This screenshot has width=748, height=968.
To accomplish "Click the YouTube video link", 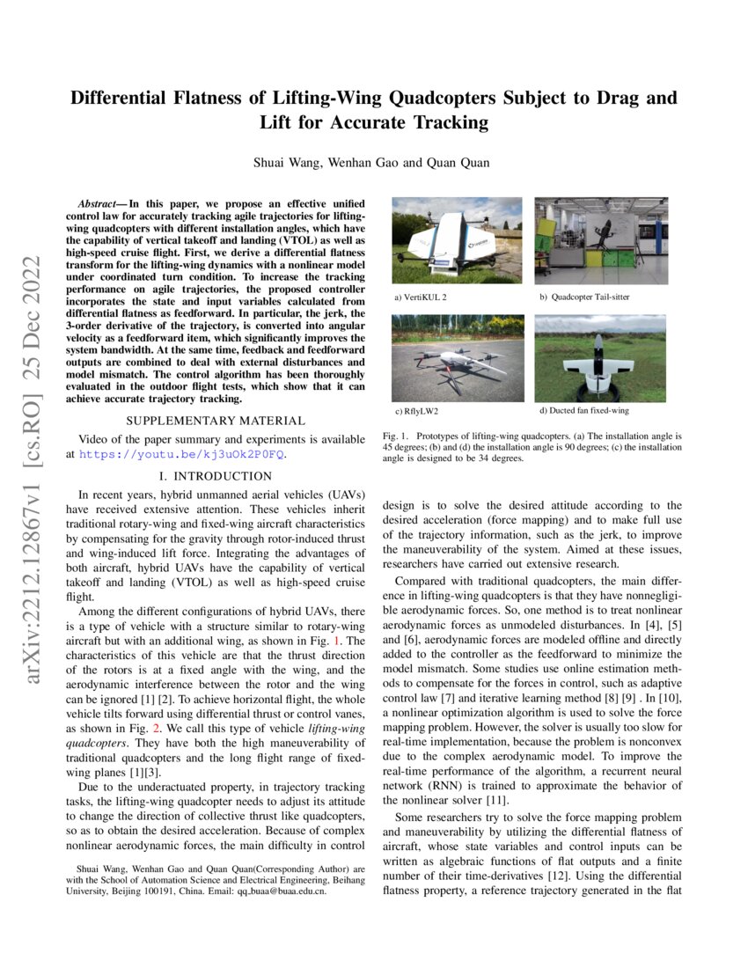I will (182, 454).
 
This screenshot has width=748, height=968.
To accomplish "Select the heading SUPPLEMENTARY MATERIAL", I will (216, 421).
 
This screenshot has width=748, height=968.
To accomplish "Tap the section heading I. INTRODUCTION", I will (216, 476).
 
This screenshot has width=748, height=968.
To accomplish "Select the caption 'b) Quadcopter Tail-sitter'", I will (584, 297).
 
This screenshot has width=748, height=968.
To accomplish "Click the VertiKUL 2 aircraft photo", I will (458, 241).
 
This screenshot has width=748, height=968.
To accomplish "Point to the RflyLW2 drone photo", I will (458, 357).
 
